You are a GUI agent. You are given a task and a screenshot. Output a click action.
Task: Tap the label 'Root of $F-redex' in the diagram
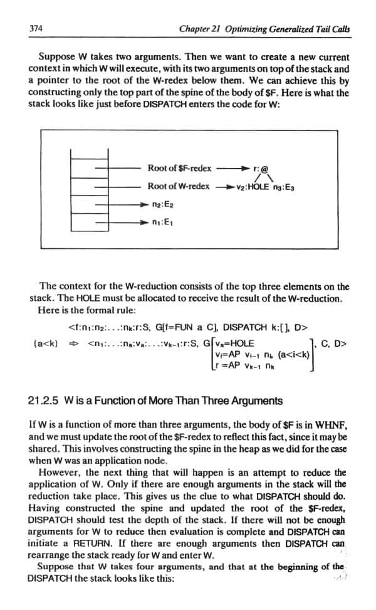(179, 168)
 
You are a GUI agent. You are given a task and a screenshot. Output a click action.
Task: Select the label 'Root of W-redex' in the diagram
(179, 186)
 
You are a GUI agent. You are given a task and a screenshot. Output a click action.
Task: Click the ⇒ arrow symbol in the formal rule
(72, 343)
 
